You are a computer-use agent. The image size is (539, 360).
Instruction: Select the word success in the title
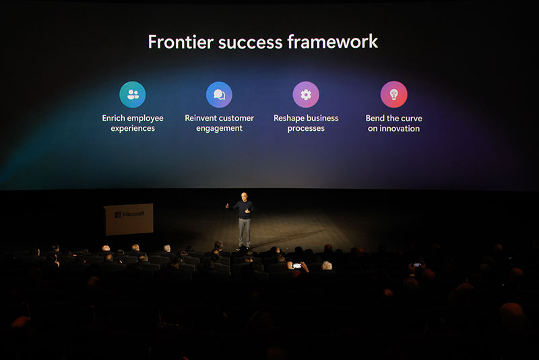coord(248,42)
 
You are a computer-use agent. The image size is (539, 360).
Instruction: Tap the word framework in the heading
coord(333,42)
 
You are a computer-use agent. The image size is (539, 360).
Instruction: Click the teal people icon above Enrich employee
coord(133,94)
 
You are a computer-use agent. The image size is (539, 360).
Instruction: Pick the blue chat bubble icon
coord(219,94)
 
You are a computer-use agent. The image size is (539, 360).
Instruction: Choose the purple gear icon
coord(306,94)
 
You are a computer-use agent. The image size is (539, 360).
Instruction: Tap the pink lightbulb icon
coord(393,94)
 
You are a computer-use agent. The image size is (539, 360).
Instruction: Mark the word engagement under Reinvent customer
coord(219,129)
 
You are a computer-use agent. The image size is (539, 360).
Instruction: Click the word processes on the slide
coord(306,129)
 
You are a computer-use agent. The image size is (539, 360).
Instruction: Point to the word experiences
coord(133,129)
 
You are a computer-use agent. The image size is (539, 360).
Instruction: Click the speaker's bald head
coord(244,197)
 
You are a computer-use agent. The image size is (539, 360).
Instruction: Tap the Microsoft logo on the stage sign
coord(118,214)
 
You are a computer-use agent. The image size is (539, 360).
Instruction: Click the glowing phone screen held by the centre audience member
coord(297,265)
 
